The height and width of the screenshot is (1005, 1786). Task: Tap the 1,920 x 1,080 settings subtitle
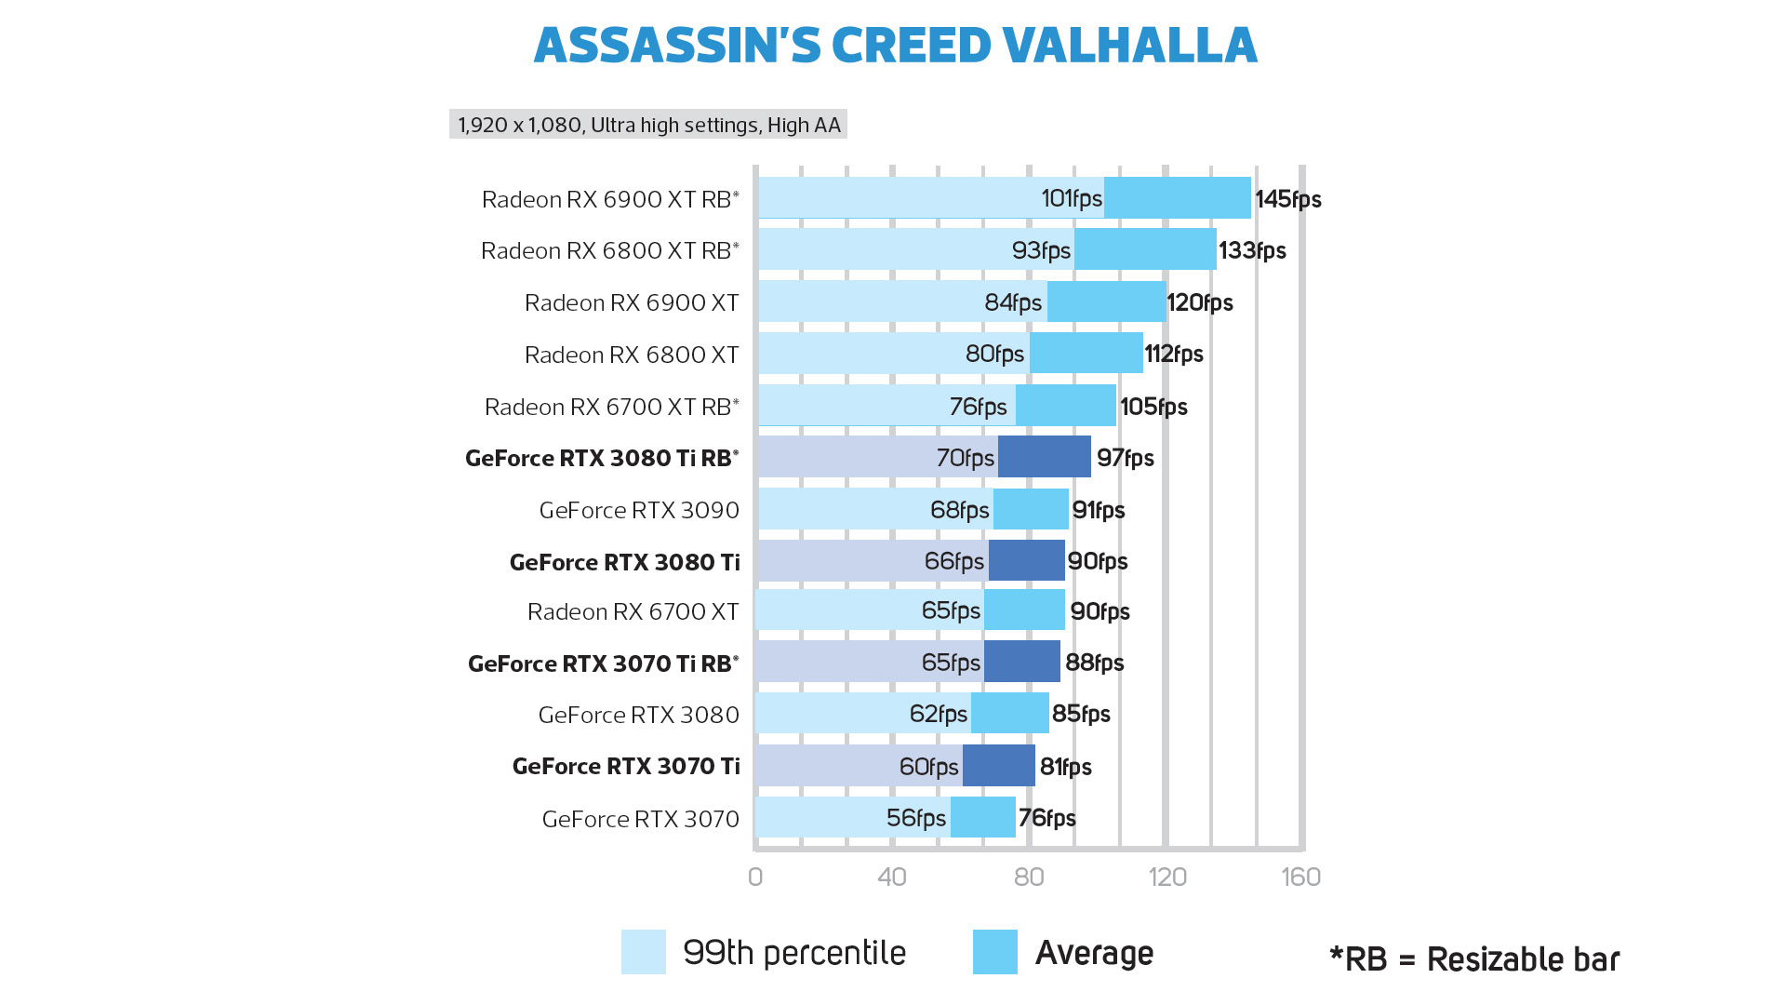[648, 125]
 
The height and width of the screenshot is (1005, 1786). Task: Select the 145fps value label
[1287, 199]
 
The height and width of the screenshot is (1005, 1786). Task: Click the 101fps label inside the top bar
[1071, 198]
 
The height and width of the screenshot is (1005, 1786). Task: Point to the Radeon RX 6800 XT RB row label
[609, 250]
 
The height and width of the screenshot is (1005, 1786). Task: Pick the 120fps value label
[1199, 302]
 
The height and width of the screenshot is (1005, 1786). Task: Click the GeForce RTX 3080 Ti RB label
[601, 458]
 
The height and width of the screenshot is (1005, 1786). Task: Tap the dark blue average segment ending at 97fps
[1044, 457]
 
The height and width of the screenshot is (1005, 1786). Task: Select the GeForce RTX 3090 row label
[639, 510]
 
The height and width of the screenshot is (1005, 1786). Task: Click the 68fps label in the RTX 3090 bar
[959, 510]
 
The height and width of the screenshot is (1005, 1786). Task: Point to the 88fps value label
[1094, 663]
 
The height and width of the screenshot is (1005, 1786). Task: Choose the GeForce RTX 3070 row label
[640, 819]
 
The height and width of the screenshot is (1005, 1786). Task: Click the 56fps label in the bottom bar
[915, 818]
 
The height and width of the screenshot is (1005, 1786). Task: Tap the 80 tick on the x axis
[1029, 877]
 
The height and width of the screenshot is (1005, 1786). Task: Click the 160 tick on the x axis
[1300, 877]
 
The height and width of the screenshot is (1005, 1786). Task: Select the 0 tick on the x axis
[755, 877]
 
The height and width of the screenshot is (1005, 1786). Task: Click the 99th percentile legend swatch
[644, 952]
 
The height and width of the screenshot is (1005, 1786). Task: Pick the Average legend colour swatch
[994, 952]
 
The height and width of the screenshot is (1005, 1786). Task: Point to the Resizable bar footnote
[1474, 959]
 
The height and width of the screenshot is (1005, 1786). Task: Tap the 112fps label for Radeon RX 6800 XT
[1173, 354]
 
